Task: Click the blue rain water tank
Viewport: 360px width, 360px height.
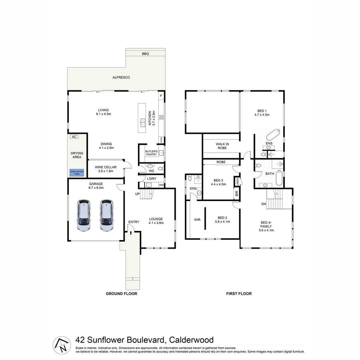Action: click(77, 173)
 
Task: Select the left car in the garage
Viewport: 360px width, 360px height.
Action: click(84, 216)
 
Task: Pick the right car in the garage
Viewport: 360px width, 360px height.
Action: click(106, 216)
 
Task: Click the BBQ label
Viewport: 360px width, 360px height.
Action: click(145, 54)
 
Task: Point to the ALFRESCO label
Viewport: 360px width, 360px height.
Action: click(121, 77)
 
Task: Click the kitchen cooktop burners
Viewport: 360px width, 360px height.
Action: click(161, 117)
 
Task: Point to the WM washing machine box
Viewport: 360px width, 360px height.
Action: click(161, 185)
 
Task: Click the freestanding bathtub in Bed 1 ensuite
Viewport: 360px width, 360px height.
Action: click(273, 135)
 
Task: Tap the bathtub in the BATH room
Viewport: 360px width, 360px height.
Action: click(279, 178)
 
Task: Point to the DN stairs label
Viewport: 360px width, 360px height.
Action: click(263, 204)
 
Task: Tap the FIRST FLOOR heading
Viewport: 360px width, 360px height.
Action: click(239, 294)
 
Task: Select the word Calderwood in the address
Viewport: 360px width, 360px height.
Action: click(191, 340)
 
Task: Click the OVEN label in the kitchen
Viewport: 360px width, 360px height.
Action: click(161, 140)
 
